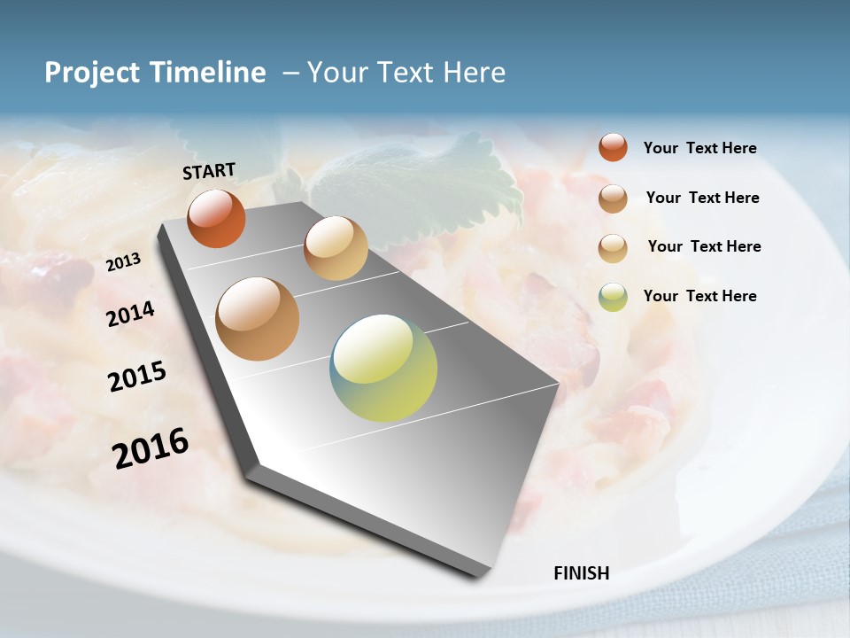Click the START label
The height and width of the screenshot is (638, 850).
point(209,171)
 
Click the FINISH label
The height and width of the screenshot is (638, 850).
point(581,573)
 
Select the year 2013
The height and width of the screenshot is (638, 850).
point(123,262)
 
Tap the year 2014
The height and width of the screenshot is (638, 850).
point(130,314)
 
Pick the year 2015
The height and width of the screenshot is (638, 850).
point(137,376)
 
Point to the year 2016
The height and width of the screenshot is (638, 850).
point(151,447)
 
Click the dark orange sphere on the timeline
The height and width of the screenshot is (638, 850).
point(216,219)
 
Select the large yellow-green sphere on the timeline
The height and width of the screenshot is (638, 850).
point(383,368)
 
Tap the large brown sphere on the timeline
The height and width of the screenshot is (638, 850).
point(258,319)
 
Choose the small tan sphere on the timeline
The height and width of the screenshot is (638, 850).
point(336,248)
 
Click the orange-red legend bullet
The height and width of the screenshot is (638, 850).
point(613,148)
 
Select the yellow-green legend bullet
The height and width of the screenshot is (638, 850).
point(613,297)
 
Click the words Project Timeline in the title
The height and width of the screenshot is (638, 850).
point(155,73)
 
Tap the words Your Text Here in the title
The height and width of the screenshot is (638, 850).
point(406,73)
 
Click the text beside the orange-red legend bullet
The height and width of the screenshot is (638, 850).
point(699,148)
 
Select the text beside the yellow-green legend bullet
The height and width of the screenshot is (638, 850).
point(699,296)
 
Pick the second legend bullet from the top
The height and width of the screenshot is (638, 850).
point(613,198)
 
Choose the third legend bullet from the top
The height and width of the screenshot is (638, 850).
point(613,248)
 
